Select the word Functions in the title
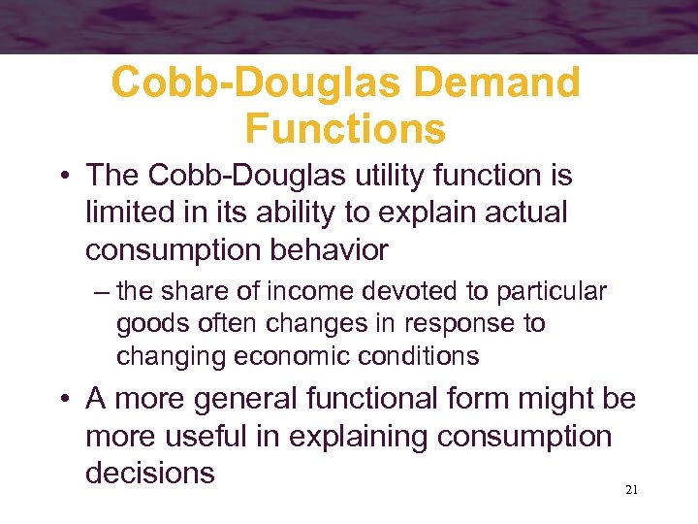(x=345, y=128)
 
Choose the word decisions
(x=150, y=473)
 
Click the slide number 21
(x=631, y=491)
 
